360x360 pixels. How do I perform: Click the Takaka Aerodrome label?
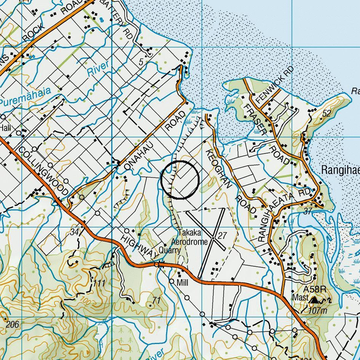pyautogui.click(x=189, y=237)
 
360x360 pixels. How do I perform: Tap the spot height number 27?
pyautogui.click(x=222, y=236)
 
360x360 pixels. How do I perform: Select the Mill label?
pyautogui.click(x=183, y=283)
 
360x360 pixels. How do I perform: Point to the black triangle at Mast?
pyautogui.click(x=314, y=301)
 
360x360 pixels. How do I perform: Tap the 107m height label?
pyautogui.click(x=318, y=310)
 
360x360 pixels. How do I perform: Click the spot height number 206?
pyautogui.click(x=13, y=324)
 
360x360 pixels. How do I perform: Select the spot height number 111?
pyautogui.click(x=99, y=283)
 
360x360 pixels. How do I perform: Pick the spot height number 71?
pyautogui.click(x=156, y=301)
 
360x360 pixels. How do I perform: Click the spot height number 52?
pyautogui.click(x=326, y=114)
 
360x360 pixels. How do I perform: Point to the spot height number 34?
pyautogui.click(x=75, y=232)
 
